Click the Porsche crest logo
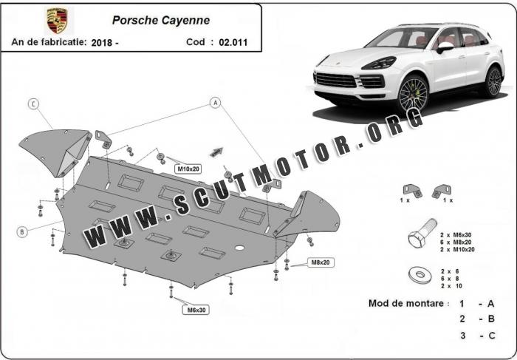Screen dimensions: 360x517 tap(55, 19)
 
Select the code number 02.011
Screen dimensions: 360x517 tap(233, 42)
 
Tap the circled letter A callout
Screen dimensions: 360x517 tap(216, 102)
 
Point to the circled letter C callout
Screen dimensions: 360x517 tap(34, 104)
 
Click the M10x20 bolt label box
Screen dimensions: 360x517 tap(188, 169)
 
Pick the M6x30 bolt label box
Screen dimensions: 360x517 tap(196, 310)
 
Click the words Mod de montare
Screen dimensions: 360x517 tap(407, 304)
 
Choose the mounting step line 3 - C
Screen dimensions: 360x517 tap(476, 337)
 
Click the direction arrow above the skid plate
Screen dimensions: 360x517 tap(216, 151)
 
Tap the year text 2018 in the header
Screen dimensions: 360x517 tap(108, 42)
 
